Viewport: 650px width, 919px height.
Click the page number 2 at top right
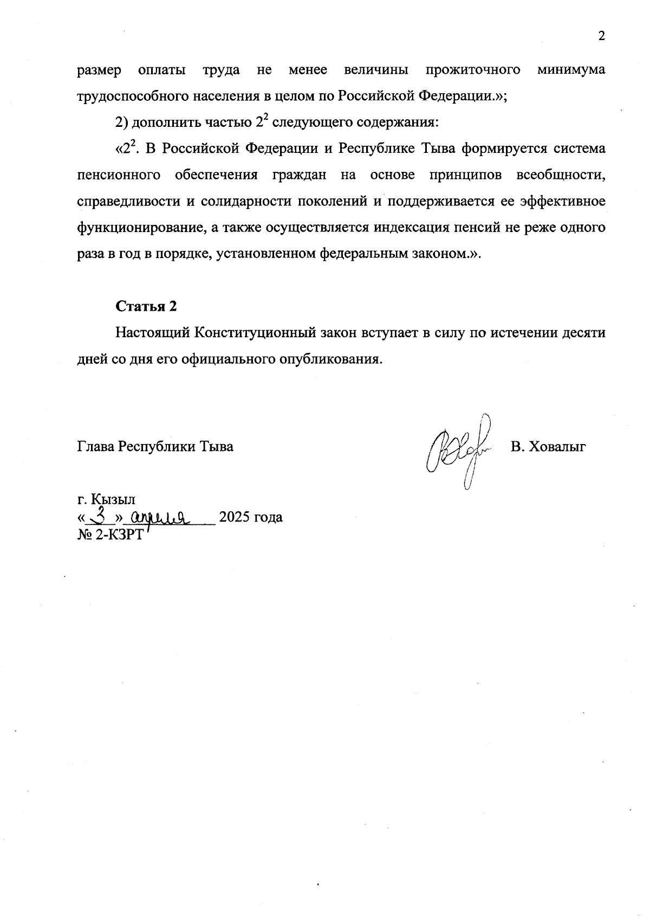pyautogui.click(x=601, y=36)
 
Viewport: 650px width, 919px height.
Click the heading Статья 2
pyautogui.click(x=146, y=306)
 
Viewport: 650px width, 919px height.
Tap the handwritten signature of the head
pyautogui.click(x=460, y=450)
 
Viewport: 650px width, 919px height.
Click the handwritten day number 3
pyautogui.click(x=99, y=514)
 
